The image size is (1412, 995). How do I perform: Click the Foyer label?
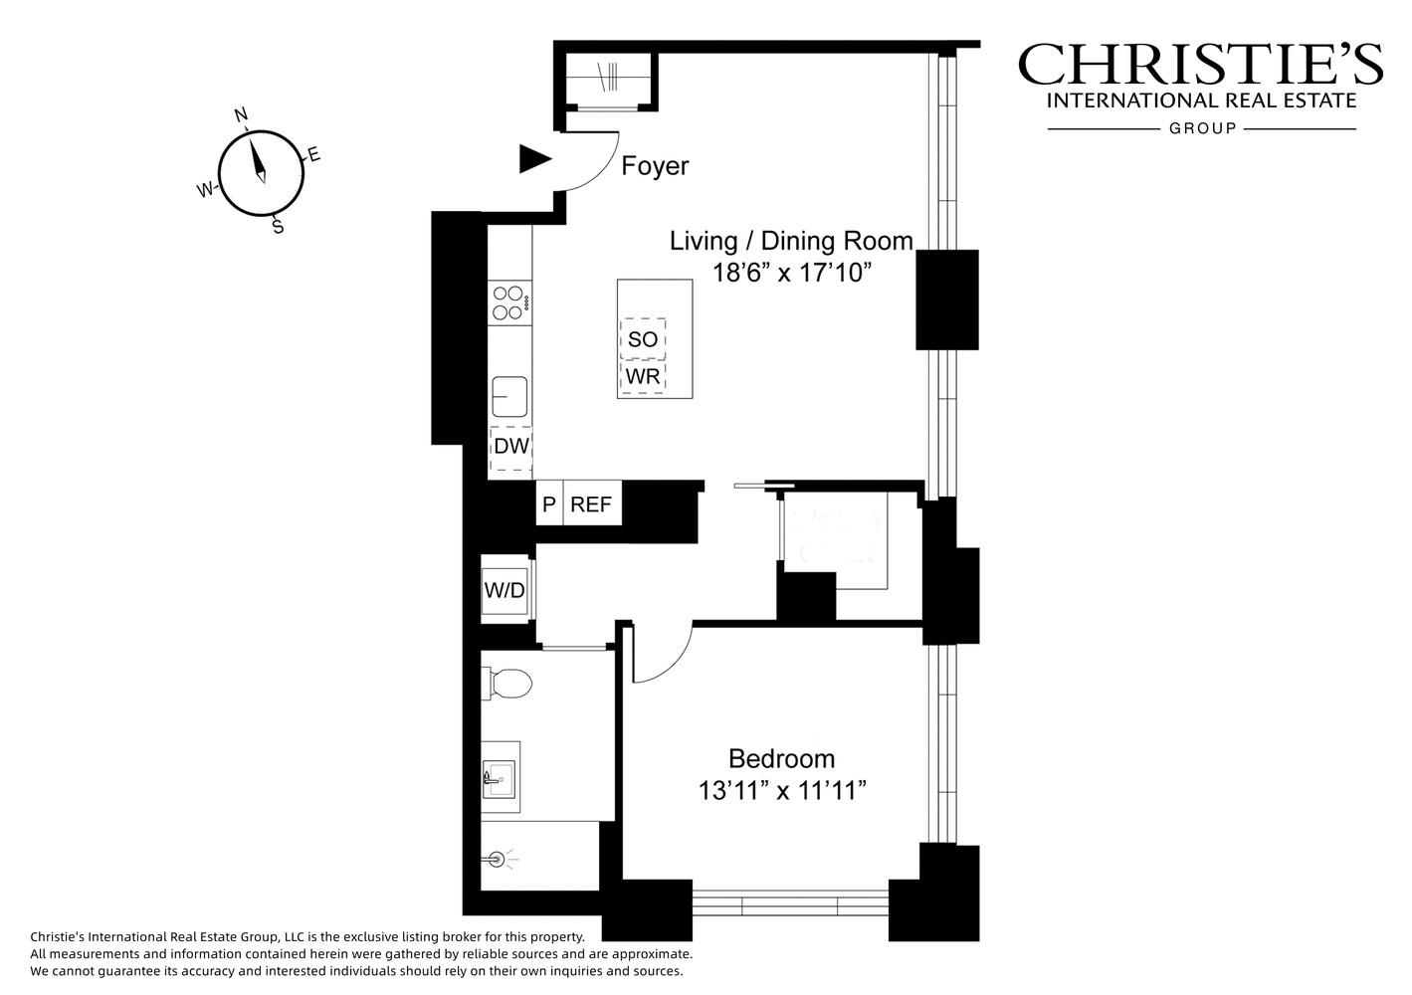click(x=655, y=166)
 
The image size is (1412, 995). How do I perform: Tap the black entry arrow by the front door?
click(x=534, y=159)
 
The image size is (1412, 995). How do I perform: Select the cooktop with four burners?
click(x=509, y=303)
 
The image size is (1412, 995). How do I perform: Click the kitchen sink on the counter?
click(x=509, y=396)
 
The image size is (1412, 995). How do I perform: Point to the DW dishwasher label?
click(x=511, y=447)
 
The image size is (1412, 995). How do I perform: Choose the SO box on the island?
click(x=643, y=339)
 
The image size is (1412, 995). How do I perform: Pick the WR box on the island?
click(x=643, y=377)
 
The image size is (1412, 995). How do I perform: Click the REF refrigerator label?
click(x=591, y=504)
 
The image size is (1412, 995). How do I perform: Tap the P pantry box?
click(x=549, y=503)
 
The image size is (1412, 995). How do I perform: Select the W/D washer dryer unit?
click(x=504, y=590)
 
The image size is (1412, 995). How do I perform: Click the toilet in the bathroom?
click(x=507, y=684)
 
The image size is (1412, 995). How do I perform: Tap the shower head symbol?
click(x=498, y=859)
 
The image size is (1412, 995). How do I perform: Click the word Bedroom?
click(x=782, y=759)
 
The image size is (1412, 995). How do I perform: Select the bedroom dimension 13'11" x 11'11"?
click(x=782, y=790)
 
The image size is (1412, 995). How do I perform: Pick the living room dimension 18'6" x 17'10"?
click(x=792, y=273)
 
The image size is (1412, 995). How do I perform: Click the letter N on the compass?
click(x=241, y=114)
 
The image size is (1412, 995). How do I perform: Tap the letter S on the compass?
click(x=278, y=226)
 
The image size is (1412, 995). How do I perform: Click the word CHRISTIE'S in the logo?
click(x=1201, y=64)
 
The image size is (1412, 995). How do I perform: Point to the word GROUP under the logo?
click(x=1203, y=128)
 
